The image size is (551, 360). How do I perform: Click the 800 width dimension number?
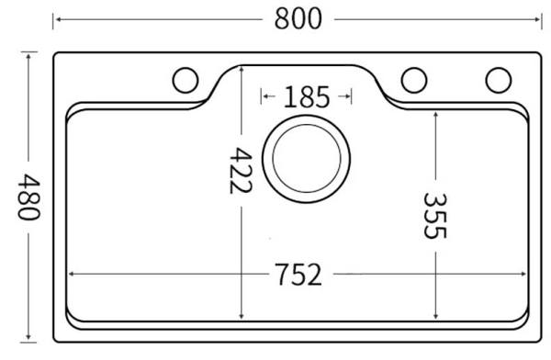[x=298, y=18]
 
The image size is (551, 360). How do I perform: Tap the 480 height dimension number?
[x=29, y=197]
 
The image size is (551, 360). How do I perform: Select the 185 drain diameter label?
[x=307, y=96]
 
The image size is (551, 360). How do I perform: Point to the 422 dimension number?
[x=241, y=171]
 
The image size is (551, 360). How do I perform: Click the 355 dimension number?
[x=435, y=216]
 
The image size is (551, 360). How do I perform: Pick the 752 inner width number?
[x=298, y=274]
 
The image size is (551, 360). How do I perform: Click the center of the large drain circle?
[x=306, y=159]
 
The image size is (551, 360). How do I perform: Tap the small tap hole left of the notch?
[x=186, y=80]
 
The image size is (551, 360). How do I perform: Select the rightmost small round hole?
[x=499, y=80]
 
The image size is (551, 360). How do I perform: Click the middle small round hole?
[x=414, y=80]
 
